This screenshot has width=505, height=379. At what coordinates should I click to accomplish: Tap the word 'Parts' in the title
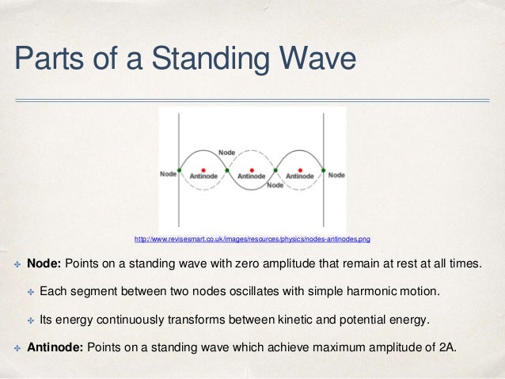tap(49, 59)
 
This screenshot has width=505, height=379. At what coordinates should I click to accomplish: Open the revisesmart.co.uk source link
tap(252, 238)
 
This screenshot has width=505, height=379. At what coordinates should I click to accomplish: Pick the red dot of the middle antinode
tap(252, 169)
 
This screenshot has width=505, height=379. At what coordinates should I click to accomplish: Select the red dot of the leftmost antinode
tap(203, 169)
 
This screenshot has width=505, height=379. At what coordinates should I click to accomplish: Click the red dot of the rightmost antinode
tap(300, 169)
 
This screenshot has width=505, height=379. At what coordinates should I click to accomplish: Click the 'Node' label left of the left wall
tap(168, 174)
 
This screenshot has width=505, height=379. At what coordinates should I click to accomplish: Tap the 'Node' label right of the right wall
tap(336, 174)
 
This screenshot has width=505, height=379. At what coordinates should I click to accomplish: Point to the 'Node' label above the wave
tap(228, 151)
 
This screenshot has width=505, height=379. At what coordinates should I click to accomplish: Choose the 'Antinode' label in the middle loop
tap(252, 176)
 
